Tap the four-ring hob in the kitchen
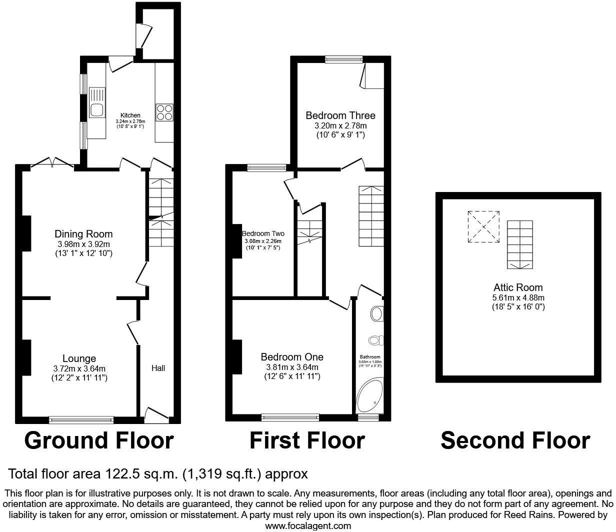point(164,112)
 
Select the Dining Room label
point(83,234)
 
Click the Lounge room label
point(79,358)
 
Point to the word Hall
point(158,368)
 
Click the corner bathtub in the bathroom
point(369,398)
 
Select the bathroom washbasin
point(377,314)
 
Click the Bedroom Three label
point(340,115)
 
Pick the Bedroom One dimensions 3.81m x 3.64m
point(292,367)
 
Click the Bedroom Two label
point(263,233)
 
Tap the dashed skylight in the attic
point(483,226)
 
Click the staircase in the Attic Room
point(520,245)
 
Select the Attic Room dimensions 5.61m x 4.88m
point(518,297)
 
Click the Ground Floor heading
point(99,440)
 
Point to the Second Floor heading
point(515,440)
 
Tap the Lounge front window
point(81,419)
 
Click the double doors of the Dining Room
point(52,162)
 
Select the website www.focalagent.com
point(307,525)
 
